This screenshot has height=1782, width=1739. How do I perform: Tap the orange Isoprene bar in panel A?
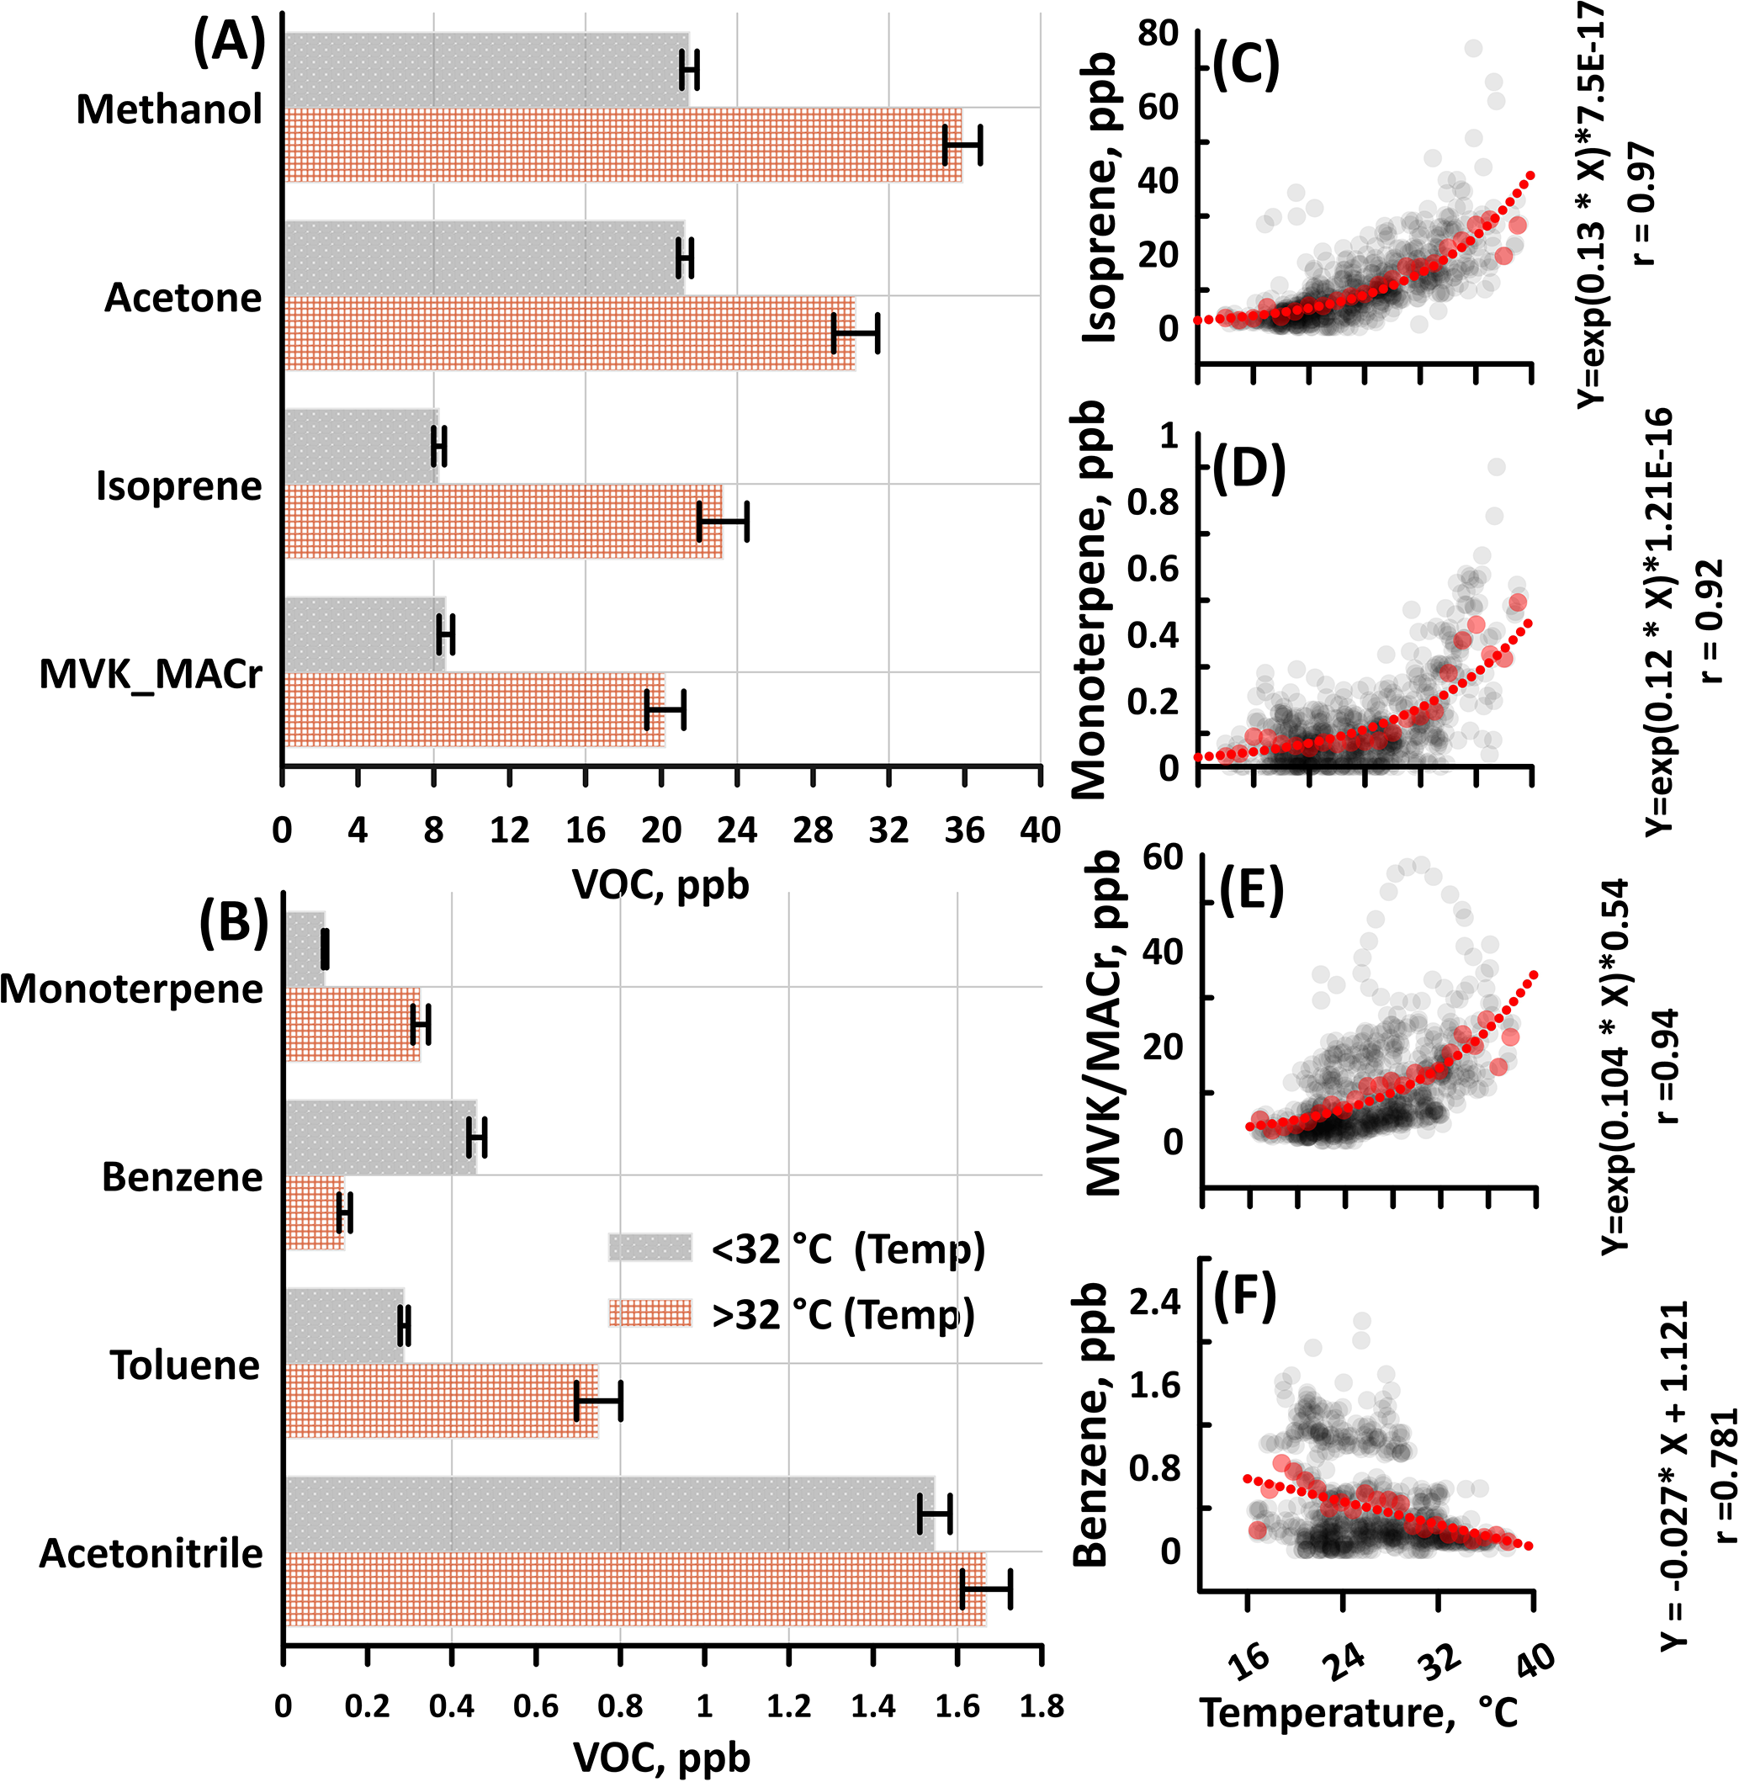[x=502, y=522]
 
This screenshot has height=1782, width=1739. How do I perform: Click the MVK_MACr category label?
[x=151, y=674]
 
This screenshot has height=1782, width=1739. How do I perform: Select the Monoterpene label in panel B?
[x=131, y=989]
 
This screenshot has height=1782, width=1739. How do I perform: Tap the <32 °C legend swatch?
[x=649, y=1248]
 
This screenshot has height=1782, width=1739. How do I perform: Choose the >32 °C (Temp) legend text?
[x=843, y=1315]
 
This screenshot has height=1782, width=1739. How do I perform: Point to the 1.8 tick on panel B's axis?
[x=1042, y=1706]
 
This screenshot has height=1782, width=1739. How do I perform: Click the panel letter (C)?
[x=1245, y=63]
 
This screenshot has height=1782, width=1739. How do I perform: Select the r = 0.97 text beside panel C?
[x=1641, y=203]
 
